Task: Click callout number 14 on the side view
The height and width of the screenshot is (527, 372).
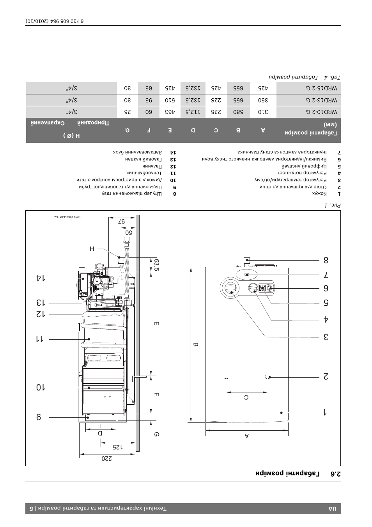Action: [41, 278]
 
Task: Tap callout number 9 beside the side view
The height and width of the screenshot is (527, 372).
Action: [39, 417]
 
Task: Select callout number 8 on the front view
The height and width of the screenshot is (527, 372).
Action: [326, 260]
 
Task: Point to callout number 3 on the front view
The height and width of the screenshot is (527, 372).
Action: [326, 337]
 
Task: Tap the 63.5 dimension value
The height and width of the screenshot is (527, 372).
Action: [156, 265]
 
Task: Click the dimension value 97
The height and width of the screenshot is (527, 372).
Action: [121, 222]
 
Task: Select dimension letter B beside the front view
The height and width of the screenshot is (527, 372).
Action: [195, 345]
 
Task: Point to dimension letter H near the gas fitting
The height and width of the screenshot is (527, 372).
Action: [92, 249]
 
